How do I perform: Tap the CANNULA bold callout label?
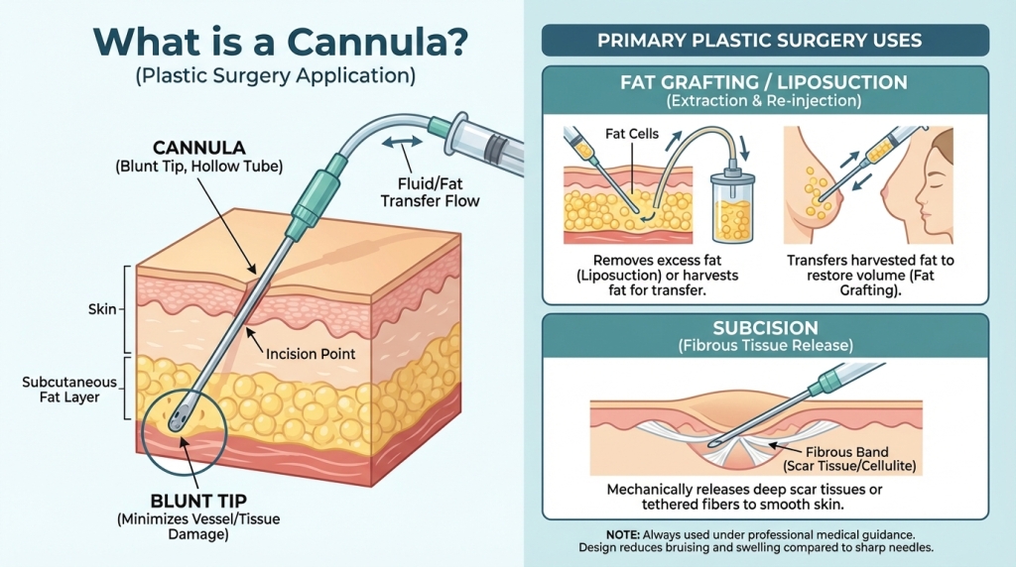(196, 148)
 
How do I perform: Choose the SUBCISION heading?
(765, 327)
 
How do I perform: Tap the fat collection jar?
(732, 209)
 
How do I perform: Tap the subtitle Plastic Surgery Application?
(275, 75)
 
